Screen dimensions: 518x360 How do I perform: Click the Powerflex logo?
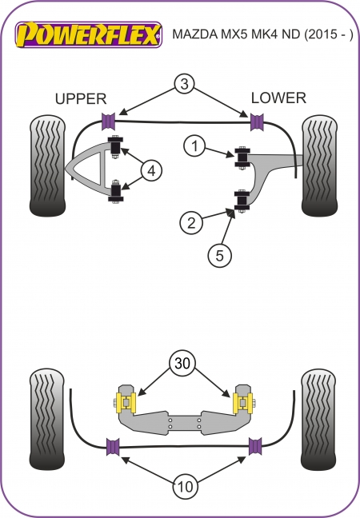pyautogui.click(x=90, y=34)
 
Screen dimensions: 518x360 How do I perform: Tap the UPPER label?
pyautogui.click(x=80, y=98)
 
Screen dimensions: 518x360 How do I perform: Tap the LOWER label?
pyautogui.click(x=278, y=98)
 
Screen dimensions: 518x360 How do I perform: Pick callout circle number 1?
pyautogui.click(x=194, y=146)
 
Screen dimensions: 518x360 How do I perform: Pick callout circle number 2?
pyautogui.click(x=190, y=223)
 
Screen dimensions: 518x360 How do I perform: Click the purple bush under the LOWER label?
pyautogui.click(x=258, y=122)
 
